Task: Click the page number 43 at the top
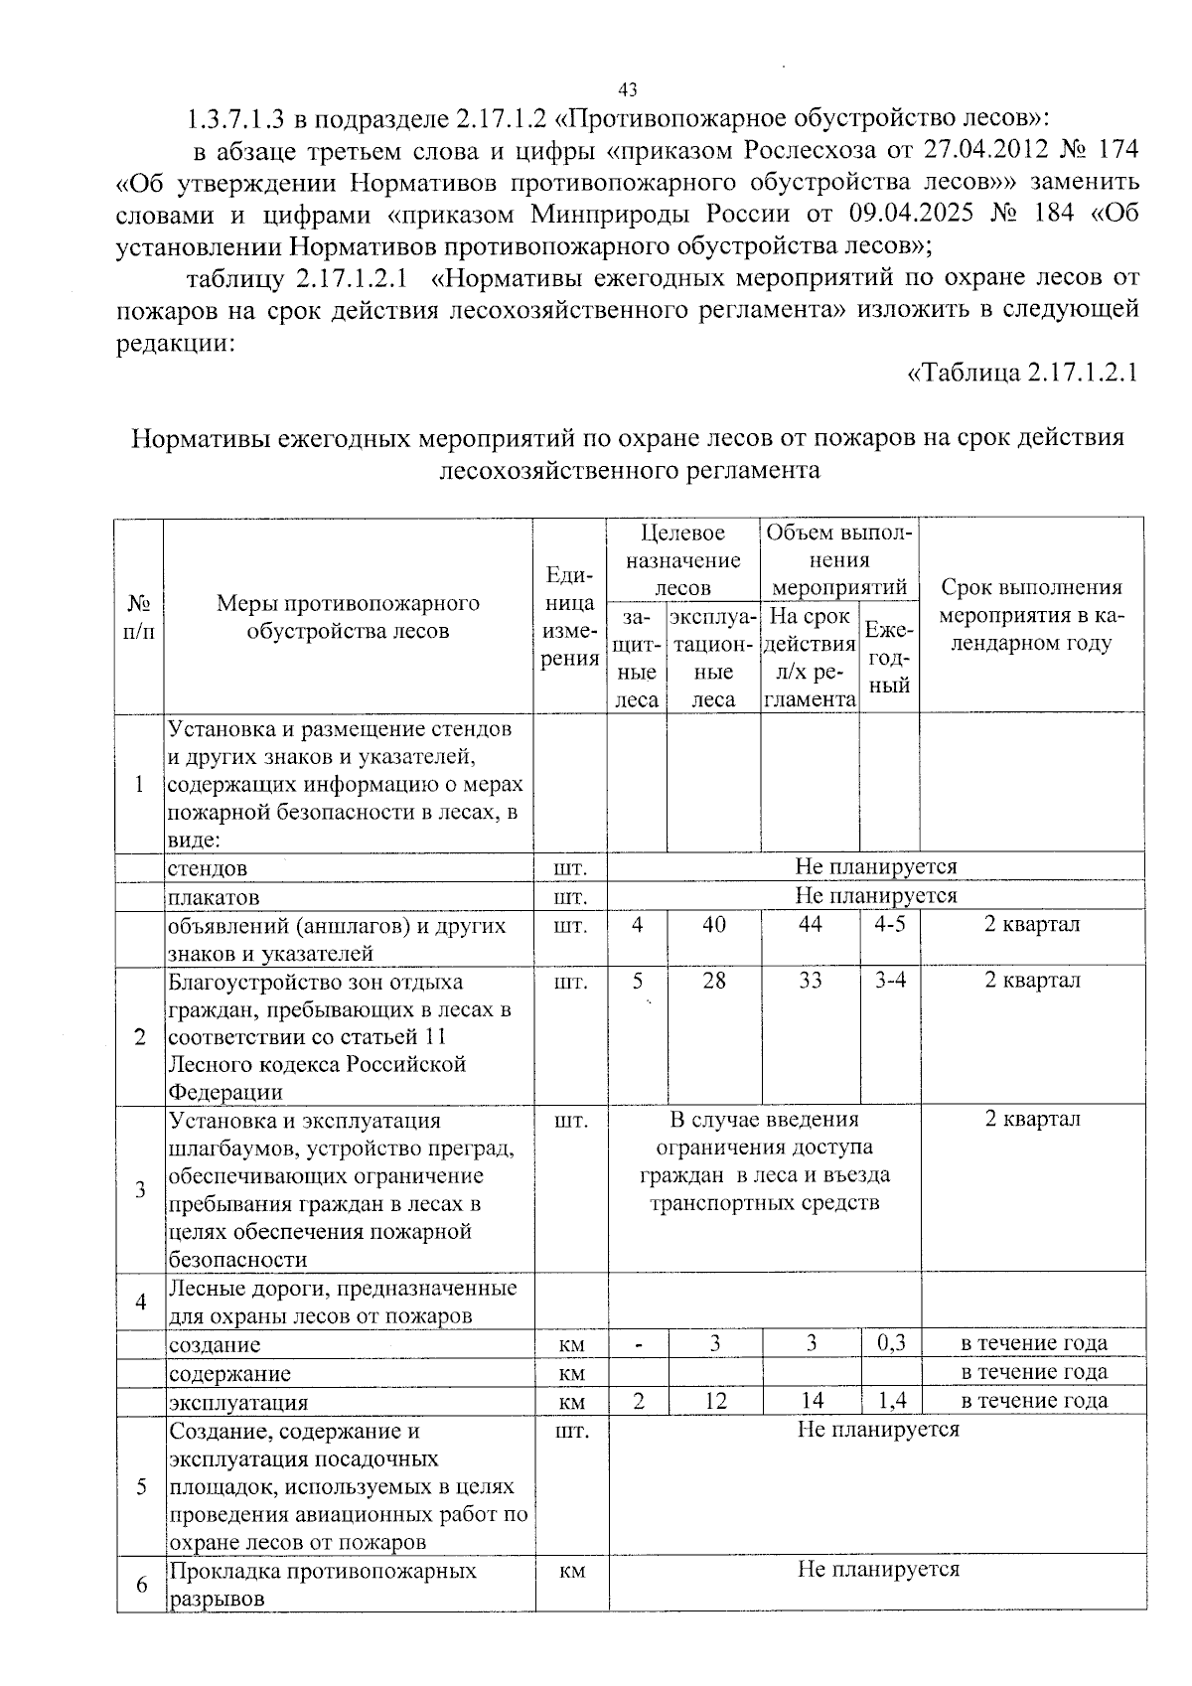pyautogui.click(x=627, y=89)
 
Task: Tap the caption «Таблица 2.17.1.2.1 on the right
pyautogui.click(x=1022, y=373)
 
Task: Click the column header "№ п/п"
pyautogui.click(x=139, y=616)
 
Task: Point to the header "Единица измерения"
pyautogui.click(x=570, y=616)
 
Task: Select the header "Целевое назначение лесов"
pyautogui.click(x=682, y=560)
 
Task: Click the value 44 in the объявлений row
pyautogui.click(x=810, y=924)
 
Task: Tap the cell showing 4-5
pyautogui.click(x=889, y=924)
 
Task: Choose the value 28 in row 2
pyautogui.click(x=713, y=981)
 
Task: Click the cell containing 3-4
pyautogui.click(x=889, y=981)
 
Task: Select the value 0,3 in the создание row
pyautogui.click(x=891, y=1343)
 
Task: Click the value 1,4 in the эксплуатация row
pyautogui.click(x=891, y=1401)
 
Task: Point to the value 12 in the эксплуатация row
pyautogui.click(x=714, y=1401)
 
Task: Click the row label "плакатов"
pyautogui.click(x=215, y=897)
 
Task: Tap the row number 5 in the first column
pyautogui.click(x=141, y=1486)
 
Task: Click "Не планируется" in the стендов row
pyautogui.click(x=875, y=866)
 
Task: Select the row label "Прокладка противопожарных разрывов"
pyautogui.click(x=322, y=1584)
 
